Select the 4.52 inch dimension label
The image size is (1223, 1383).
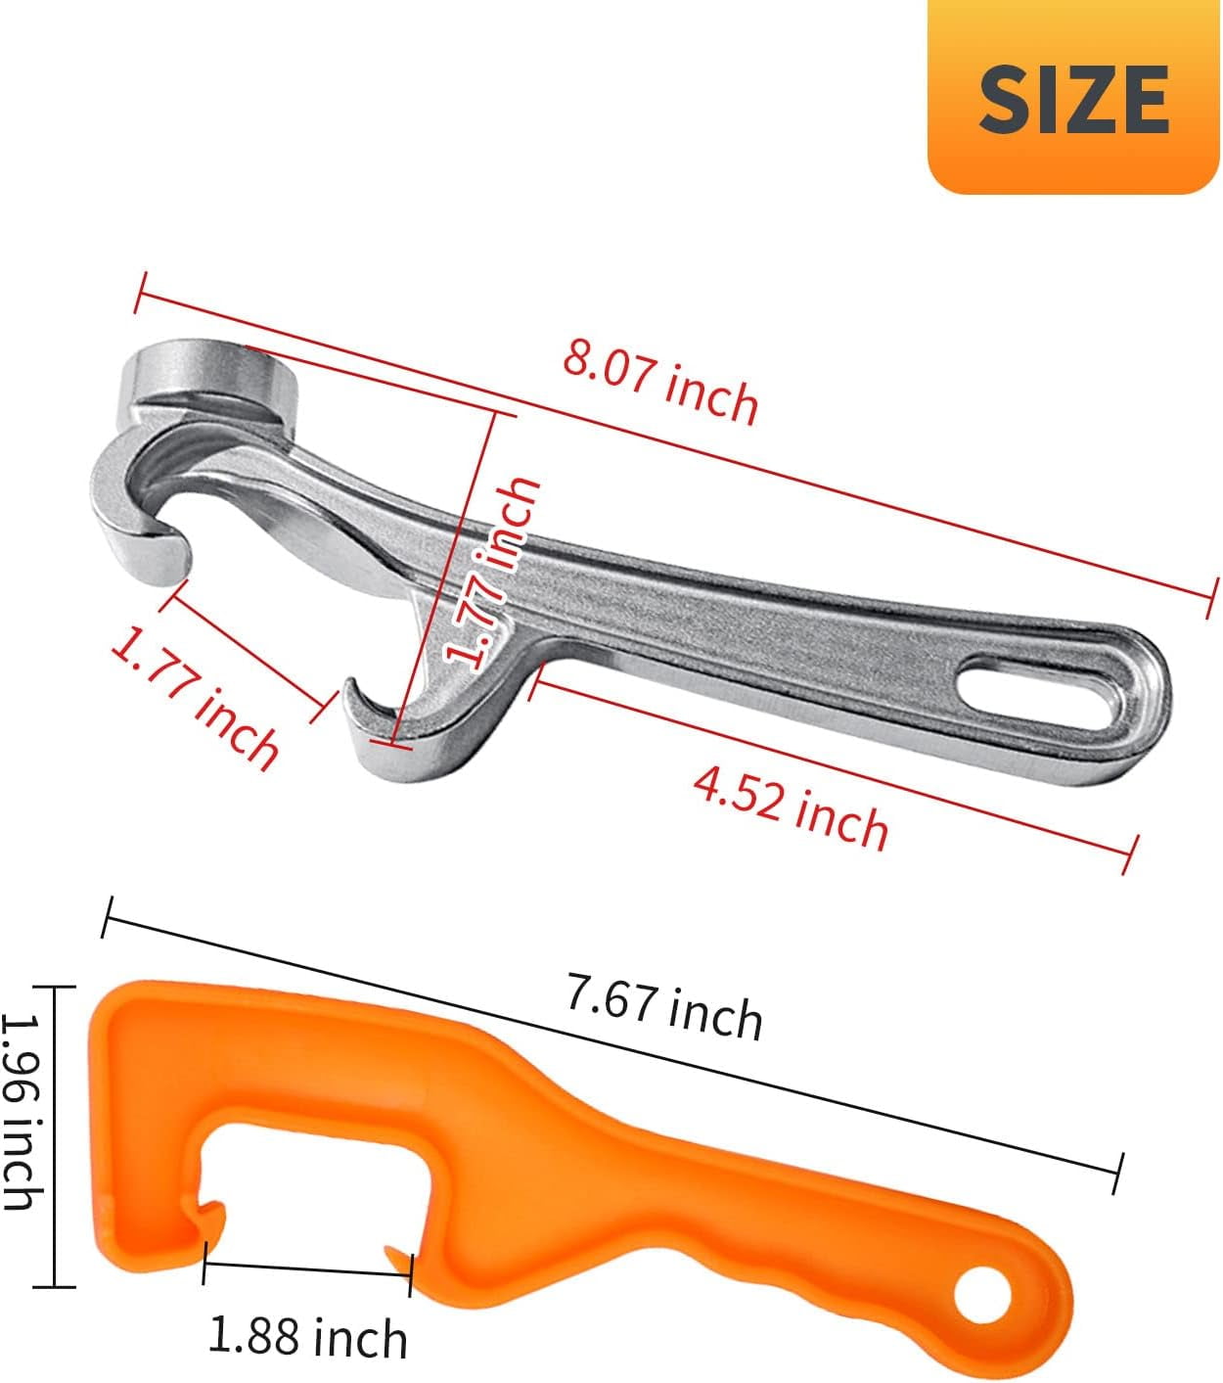coord(791,808)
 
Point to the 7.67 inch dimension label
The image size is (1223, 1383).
coord(664,1006)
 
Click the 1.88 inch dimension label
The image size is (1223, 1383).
coord(308,1335)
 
